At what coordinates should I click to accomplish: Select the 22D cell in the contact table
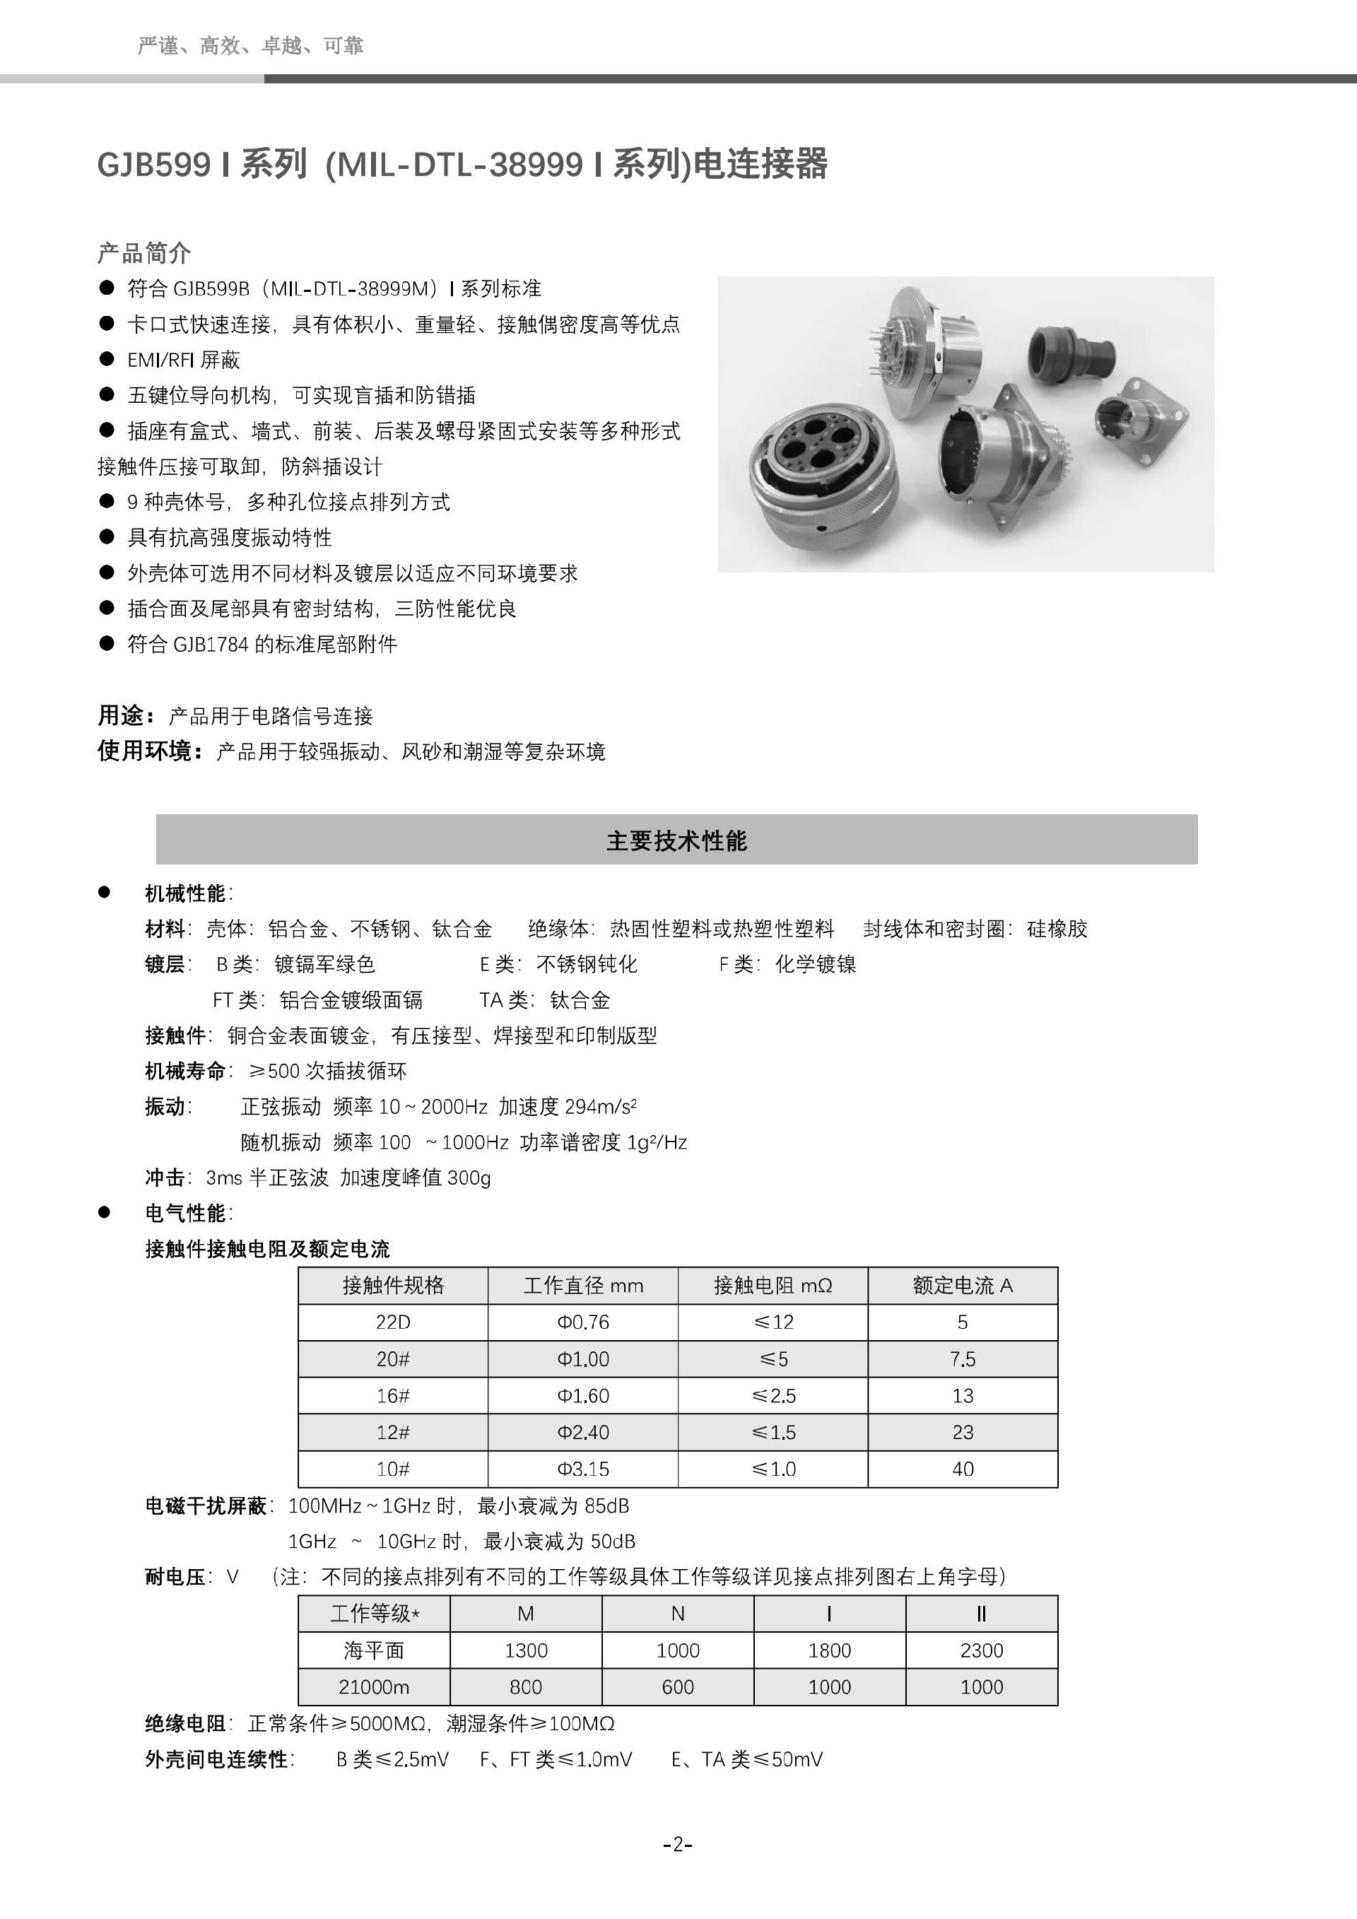point(393,1322)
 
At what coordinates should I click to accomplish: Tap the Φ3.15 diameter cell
point(583,1469)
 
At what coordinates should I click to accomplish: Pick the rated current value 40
point(963,1469)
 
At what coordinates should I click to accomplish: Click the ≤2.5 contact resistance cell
point(773,1396)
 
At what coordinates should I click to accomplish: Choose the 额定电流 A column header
point(963,1286)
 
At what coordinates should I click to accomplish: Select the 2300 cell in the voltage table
point(981,1650)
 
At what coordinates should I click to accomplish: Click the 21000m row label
point(373,1686)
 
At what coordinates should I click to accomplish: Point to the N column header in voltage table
point(678,1614)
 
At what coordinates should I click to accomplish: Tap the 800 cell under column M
point(526,1686)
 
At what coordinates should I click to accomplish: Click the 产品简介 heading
point(143,252)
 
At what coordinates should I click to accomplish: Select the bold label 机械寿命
point(184,1071)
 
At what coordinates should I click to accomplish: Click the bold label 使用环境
point(148,751)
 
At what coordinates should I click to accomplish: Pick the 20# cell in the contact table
point(393,1359)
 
